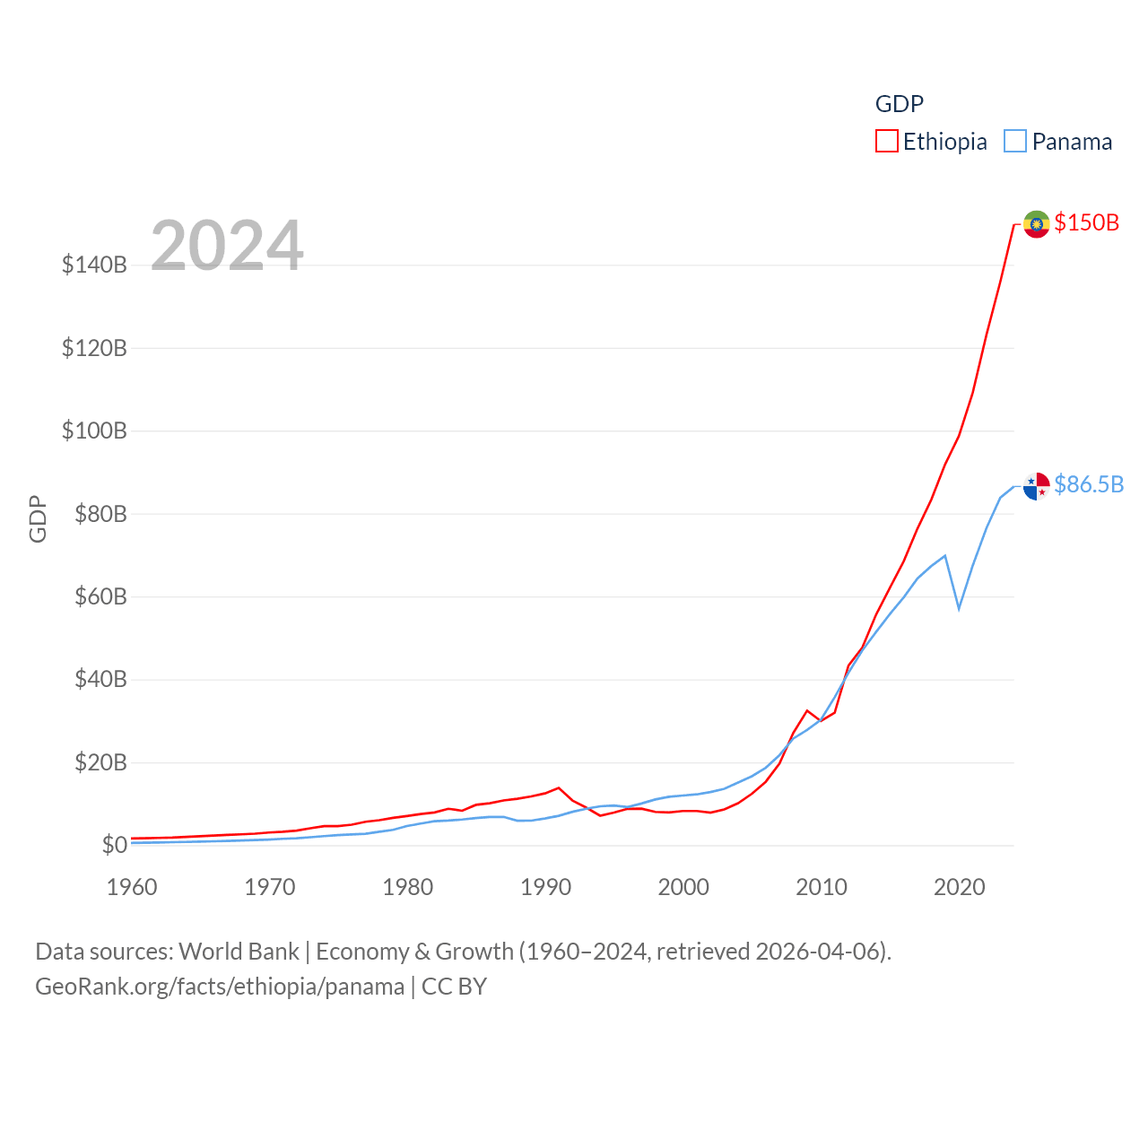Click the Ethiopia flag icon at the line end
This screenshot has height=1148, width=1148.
pyautogui.click(x=1036, y=224)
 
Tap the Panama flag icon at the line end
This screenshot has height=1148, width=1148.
pyautogui.click(x=1036, y=486)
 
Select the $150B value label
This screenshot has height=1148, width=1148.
pyautogui.click(x=1087, y=222)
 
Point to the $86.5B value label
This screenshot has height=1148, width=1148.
pyautogui.click(x=1089, y=484)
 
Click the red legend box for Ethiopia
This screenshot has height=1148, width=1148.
pyautogui.click(x=886, y=142)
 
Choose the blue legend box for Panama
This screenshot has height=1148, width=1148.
pyautogui.click(x=1015, y=142)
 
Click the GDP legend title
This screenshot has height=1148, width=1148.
pyautogui.click(x=899, y=104)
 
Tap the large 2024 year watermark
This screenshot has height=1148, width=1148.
pyautogui.click(x=227, y=246)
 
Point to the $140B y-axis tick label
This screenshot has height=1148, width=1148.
pyautogui.click(x=94, y=265)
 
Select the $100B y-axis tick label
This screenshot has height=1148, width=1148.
pyautogui.click(x=94, y=430)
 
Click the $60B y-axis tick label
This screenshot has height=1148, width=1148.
pyautogui.click(x=100, y=596)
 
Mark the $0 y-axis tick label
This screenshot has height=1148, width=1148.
pyautogui.click(x=114, y=845)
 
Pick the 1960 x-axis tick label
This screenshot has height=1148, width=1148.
pyautogui.click(x=132, y=887)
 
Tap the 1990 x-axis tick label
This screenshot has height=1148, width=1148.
pyautogui.click(x=545, y=887)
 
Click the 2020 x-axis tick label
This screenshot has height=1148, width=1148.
pyautogui.click(x=959, y=887)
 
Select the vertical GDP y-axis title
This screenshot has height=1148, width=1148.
pyautogui.click(x=38, y=518)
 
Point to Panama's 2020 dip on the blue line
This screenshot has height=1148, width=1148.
pyautogui.click(x=959, y=609)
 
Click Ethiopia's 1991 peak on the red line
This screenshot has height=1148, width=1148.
pyautogui.click(x=559, y=787)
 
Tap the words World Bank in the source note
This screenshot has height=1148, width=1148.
pyautogui.click(x=239, y=951)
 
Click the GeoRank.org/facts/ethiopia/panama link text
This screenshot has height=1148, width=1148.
pyautogui.click(x=220, y=987)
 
